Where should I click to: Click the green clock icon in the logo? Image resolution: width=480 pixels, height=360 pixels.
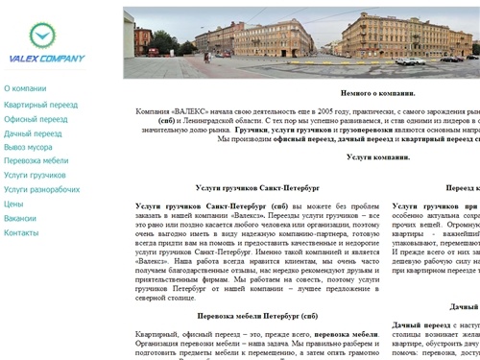point(42,36)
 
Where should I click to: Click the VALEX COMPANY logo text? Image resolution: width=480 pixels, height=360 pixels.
point(42,58)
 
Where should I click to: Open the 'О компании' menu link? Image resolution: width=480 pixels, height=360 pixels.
point(25,88)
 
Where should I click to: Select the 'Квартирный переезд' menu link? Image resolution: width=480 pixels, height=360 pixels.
point(41,103)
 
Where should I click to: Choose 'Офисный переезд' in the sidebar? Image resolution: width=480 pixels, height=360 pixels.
point(36,118)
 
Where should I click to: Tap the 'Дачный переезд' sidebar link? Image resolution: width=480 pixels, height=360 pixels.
point(33,133)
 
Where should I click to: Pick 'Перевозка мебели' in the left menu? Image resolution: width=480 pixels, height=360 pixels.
point(36,161)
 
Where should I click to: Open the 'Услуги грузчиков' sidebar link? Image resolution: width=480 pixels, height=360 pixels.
point(36,176)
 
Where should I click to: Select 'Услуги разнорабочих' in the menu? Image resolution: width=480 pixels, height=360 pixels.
point(42,190)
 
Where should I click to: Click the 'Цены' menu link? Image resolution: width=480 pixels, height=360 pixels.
point(14,204)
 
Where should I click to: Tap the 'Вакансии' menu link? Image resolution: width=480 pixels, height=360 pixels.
point(20,219)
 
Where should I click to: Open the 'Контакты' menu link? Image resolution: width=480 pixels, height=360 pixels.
point(21,233)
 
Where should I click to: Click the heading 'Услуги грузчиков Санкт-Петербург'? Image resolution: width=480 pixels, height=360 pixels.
point(256,188)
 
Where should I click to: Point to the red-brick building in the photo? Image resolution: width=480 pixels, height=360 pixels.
point(143,38)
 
